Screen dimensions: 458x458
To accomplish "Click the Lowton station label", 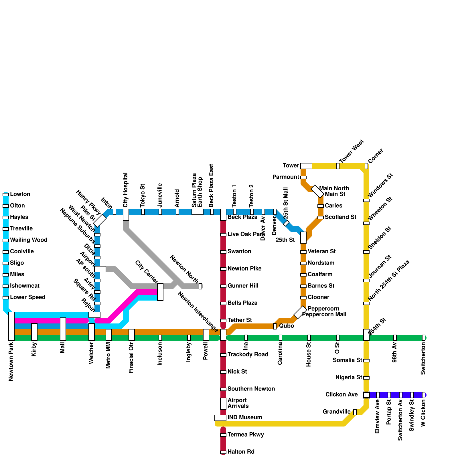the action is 20,194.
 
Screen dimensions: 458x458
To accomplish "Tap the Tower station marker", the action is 306,166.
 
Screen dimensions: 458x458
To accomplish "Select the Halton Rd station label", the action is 241,452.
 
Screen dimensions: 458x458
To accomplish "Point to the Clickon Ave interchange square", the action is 366,395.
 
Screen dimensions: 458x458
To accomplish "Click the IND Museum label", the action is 245,418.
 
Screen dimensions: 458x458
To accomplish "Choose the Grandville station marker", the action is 355,412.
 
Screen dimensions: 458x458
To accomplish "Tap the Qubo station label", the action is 287,326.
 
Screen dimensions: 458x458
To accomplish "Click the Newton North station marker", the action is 200,286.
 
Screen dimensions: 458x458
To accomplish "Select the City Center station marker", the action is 160,292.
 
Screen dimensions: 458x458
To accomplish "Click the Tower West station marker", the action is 338,166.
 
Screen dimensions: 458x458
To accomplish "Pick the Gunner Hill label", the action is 243,286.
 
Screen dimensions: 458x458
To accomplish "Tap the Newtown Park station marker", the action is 11,326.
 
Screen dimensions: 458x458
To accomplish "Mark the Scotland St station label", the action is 341,217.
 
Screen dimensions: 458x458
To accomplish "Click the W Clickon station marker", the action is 424,395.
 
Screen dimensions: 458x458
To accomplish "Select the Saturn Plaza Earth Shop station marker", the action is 198,212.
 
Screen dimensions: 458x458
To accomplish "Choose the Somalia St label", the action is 347,360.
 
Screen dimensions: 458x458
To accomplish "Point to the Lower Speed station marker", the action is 6,298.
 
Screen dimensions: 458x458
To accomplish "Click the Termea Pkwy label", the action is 246,435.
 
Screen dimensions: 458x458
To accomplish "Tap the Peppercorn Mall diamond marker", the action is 300,312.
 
